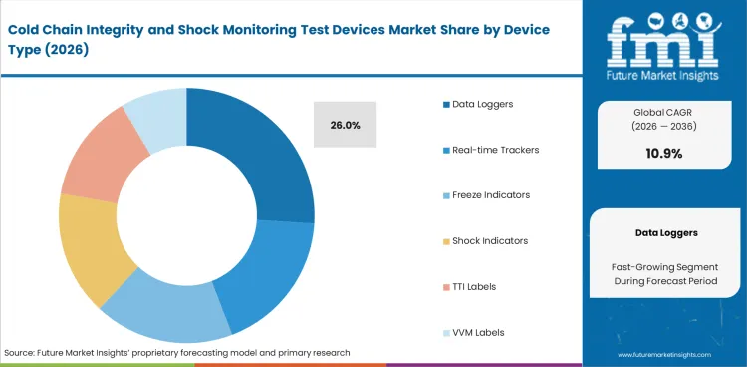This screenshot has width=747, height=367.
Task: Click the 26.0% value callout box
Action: click(x=345, y=126)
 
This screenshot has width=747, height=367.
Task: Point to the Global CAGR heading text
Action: click(x=663, y=112)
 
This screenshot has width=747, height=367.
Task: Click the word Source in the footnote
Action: click(x=22, y=353)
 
